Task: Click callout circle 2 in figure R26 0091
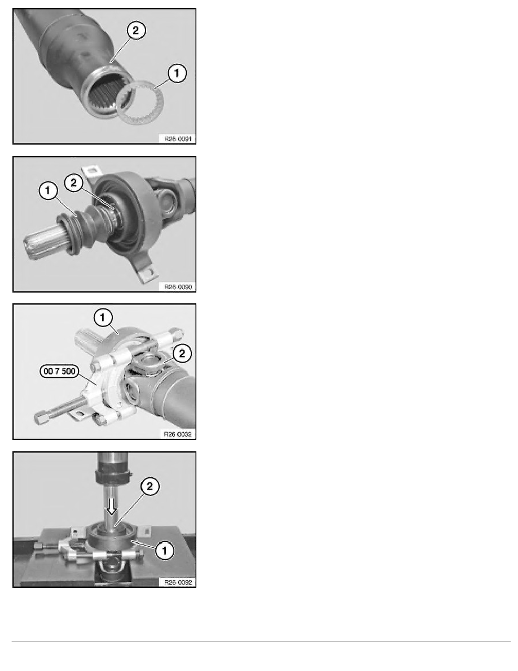point(136,30)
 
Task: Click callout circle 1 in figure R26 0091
point(177,73)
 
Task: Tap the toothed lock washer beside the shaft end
point(140,103)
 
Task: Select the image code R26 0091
point(178,138)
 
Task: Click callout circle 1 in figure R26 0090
point(48,190)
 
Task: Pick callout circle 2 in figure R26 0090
point(73,183)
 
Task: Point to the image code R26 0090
point(178,287)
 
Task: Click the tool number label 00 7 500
point(60,371)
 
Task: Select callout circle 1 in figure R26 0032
point(103,317)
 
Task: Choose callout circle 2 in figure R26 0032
point(182,354)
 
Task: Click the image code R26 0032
point(178,434)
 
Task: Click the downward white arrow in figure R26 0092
point(112,506)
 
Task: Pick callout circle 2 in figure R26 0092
point(150,486)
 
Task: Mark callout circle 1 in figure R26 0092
point(165,550)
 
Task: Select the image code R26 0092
point(178,582)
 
